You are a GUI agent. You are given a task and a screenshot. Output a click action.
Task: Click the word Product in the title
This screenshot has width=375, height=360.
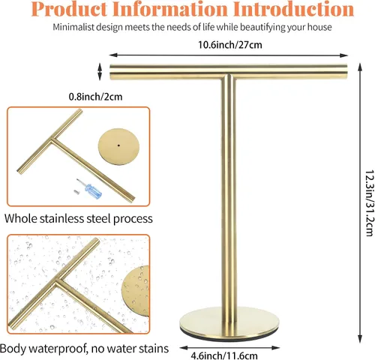click(x=70, y=9)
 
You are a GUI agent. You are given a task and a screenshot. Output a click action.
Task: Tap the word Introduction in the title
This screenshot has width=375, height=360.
click(x=295, y=9)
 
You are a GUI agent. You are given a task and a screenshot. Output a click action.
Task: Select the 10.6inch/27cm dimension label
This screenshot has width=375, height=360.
click(x=230, y=45)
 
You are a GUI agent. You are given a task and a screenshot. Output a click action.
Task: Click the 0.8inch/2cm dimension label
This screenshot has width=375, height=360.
click(x=95, y=97)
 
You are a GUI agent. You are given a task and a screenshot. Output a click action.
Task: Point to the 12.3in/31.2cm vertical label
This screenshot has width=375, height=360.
click(x=370, y=203)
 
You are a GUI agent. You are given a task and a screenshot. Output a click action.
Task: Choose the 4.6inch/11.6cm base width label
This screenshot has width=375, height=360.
click(x=224, y=355)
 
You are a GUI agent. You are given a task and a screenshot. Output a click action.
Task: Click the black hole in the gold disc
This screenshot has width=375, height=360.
click(x=119, y=145)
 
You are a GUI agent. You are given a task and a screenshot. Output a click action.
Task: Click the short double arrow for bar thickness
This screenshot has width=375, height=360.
click(x=100, y=71)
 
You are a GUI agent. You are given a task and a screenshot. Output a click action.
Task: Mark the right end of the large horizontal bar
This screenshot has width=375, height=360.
click(x=346, y=72)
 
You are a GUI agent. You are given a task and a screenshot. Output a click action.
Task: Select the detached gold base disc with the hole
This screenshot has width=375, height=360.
click(x=118, y=147)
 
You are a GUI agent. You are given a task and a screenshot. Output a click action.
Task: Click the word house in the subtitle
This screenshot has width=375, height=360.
click(x=319, y=27)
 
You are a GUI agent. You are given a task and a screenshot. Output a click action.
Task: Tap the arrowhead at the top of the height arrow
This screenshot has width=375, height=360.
click(x=360, y=67)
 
